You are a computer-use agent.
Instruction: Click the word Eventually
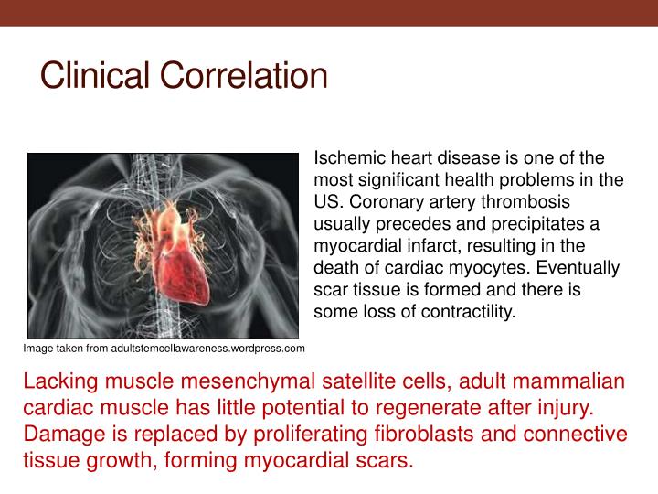(x=578, y=268)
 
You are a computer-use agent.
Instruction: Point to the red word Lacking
(x=57, y=381)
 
